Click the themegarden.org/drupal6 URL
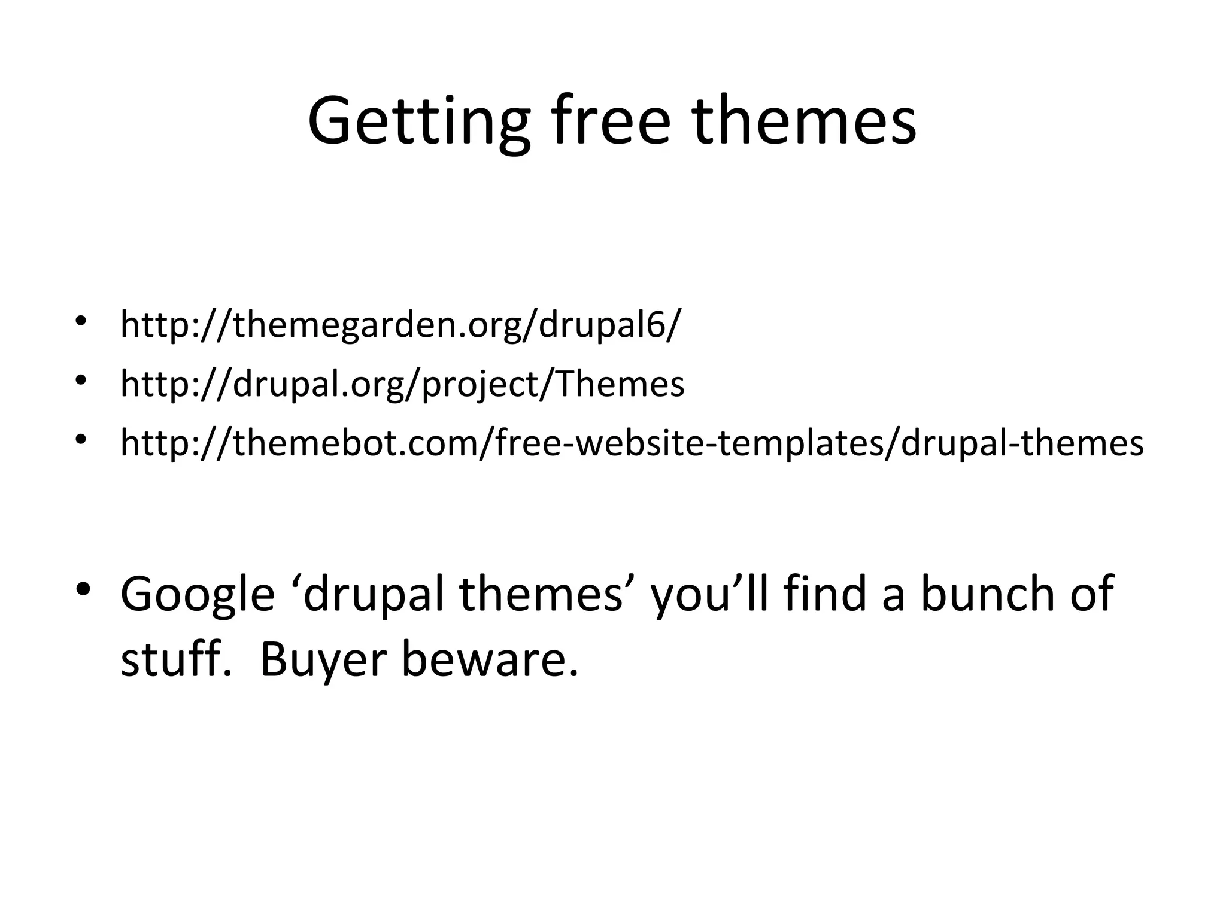tap(400, 325)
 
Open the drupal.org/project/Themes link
tap(402, 384)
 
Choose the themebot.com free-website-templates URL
tap(632, 443)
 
